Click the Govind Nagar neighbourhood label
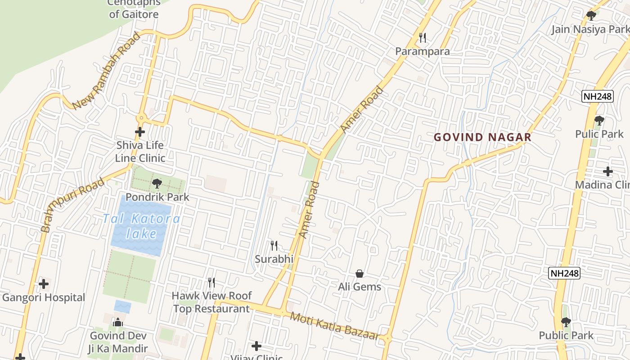[x=482, y=137]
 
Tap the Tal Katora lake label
[x=141, y=226]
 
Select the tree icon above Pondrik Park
[x=157, y=184]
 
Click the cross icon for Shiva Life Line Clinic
[x=140, y=132]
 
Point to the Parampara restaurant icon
[x=422, y=38]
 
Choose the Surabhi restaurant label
[x=274, y=259]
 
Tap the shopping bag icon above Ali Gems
[x=360, y=273]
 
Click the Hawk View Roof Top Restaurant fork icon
[x=211, y=283]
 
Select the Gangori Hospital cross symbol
[x=44, y=284]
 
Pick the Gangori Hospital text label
[x=44, y=297]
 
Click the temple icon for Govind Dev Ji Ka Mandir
[x=118, y=322]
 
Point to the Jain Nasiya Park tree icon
[x=591, y=16]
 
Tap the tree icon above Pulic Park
[x=599, y=121]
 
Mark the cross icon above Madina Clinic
[x=608, y=171]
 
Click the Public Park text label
[x=566, y=335]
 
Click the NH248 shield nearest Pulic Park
[x=597, y=96]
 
